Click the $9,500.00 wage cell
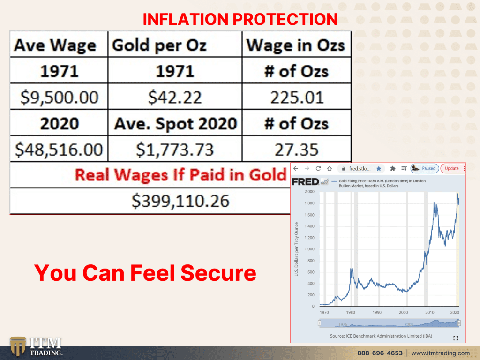60,97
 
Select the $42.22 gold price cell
175,97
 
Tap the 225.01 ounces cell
297,97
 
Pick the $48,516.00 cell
59,150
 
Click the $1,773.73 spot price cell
175,150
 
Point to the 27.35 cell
297,150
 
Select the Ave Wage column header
55,45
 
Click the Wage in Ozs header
296,45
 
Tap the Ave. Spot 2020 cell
175,124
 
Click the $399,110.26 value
180,201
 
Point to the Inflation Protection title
240,19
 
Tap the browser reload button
318,168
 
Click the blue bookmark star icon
379,168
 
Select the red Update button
451,168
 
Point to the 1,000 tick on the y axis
309,249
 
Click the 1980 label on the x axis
351,312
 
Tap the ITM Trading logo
36,346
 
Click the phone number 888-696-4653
380,353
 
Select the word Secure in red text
218,272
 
